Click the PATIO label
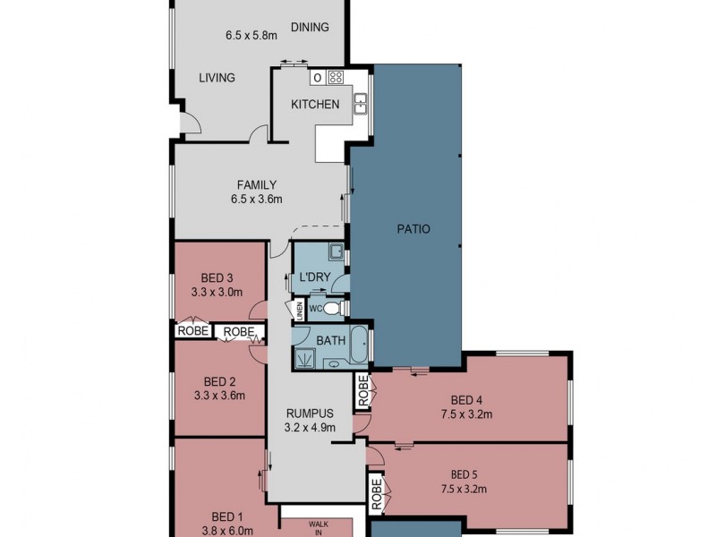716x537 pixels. click(413, 229)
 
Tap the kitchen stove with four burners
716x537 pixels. click(336, 77)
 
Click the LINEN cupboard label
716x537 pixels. click(299, 310)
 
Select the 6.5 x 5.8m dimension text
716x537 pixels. click(251, 37)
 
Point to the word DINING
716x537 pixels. click(310, 27)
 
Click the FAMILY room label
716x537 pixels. click(256, 185)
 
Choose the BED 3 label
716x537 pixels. click(211, 277)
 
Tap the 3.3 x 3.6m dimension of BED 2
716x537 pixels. click(218, 394)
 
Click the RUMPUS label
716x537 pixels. click(310, 413)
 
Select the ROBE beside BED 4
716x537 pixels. click(362, 391)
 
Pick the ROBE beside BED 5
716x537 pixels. click(376, 493)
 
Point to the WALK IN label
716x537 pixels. click(319, 528)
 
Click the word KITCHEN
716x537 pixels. click(315, 105)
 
